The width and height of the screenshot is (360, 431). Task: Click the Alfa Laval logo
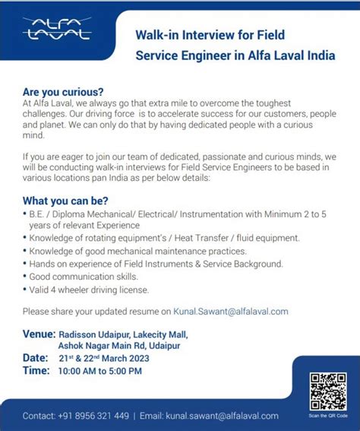pyautogui.click(x=57, y=30)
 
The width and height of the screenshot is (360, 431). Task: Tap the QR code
pyautogui.click(x=328, y=390)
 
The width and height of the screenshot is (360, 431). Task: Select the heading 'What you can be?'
pyautogui.click(x=65, y=201)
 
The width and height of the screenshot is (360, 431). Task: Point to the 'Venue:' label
pyautogui.click(x=39, y=334)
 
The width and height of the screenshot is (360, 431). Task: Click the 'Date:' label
pyautogui.click(x=36, y=357)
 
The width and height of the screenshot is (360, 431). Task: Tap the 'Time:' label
pyautogui.click(x=36, y=370)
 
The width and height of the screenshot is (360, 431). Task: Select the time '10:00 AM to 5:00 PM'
pyautogui.click(x=100, y=371)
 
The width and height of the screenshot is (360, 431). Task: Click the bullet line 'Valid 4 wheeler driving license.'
pyautogui.click(x=88, y=290)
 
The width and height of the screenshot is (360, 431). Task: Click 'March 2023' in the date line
pyautogui.click(x=129, y=358)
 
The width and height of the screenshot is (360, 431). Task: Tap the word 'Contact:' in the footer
pyautogui.click(x=39, y=416)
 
